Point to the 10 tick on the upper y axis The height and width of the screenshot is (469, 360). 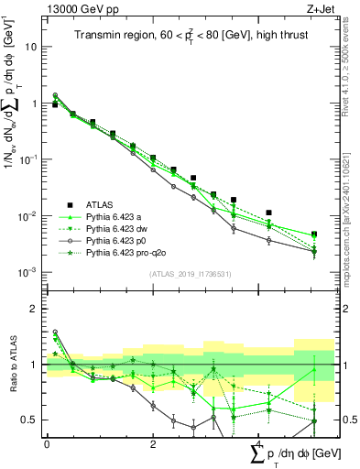[x=31, y=47]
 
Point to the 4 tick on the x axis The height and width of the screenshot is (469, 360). [x=259, y=443]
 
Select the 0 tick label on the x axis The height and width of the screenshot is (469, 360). [x=47, y=443]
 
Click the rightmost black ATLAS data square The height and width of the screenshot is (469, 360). [x=314, y=234]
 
